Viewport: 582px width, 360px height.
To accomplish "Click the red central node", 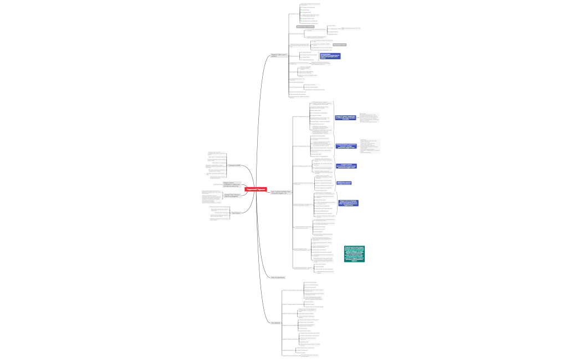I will tap(256, 189).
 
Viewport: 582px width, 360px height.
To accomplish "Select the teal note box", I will tap(354, 253).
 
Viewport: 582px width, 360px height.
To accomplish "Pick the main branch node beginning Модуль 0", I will tap(278, 55).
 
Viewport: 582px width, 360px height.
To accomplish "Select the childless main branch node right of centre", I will tap(278, 277).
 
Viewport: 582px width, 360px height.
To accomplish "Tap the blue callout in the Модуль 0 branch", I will tap(330, 56).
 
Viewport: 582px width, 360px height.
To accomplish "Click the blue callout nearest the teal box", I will tap(348, 203).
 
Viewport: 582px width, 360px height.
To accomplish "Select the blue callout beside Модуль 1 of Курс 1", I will tap(346, 117).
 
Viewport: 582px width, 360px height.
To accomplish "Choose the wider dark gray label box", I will tap(305, 26).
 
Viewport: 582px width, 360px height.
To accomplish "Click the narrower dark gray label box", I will tap(339, 44).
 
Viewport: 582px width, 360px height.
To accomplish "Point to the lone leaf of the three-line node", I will tap(217, 184).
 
